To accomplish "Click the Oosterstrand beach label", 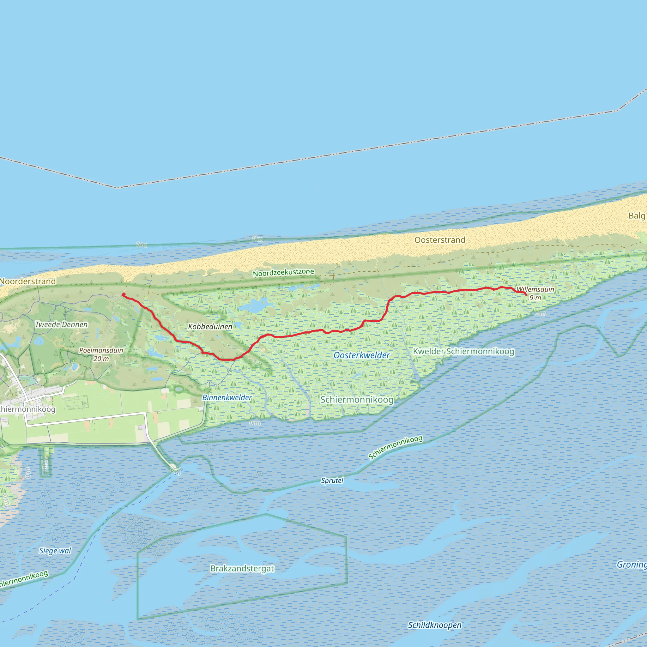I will point(440,240).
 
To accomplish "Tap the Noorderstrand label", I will point(28,281).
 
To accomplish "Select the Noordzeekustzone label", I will point(283,273).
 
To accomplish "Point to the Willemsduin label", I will point(535,289).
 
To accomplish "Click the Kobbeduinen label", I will point(210,327).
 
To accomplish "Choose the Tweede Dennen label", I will point(61,324).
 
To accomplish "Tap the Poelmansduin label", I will point(101,350).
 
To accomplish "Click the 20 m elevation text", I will point(101,359).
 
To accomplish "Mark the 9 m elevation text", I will point(535,298).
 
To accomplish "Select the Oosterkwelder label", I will point(362,355).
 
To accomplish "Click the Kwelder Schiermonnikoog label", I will point(463,351).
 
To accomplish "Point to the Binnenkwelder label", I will point(227,397).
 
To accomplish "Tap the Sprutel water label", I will point(332,481).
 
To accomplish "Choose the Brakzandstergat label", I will point(242,568).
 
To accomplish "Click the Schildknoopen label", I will point(435,625).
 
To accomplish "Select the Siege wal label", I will point(55,551).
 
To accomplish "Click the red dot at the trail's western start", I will point(124,294).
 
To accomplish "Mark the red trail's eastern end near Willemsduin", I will point(526,295).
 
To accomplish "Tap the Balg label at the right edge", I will point(637,216).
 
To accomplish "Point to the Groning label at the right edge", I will point(632,565).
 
